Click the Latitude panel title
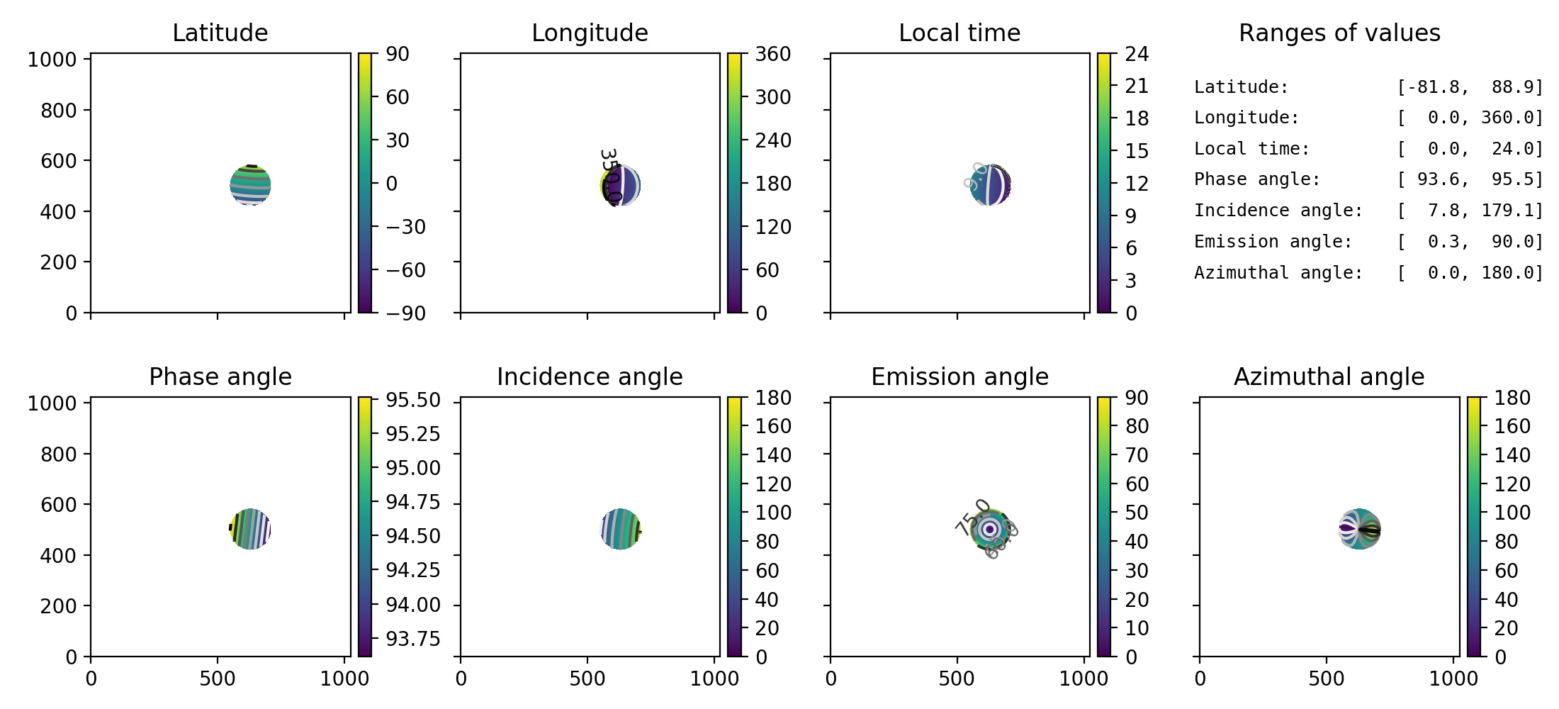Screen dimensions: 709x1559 [220, 33]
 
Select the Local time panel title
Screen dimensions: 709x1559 [959, 33]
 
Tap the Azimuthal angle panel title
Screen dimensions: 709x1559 [1329, 377]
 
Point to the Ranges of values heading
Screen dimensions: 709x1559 [1339, 33]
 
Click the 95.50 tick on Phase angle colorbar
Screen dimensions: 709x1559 [412, 400]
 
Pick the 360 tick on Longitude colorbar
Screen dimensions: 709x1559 [772, 55]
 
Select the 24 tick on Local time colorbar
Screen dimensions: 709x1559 [1137, 55]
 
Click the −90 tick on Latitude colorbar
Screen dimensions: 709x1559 [405, 313]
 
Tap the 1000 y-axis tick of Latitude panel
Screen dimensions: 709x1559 [52, 60]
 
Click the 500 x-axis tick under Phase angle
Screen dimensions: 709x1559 [217, 679]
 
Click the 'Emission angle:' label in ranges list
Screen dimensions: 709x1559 [1273, 242]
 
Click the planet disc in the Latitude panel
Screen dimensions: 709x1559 [250, 185]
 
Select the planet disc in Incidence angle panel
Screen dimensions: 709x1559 [620, 529]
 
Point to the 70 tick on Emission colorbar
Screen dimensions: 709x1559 [1137, 455]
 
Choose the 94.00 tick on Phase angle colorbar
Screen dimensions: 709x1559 [412, 605]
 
